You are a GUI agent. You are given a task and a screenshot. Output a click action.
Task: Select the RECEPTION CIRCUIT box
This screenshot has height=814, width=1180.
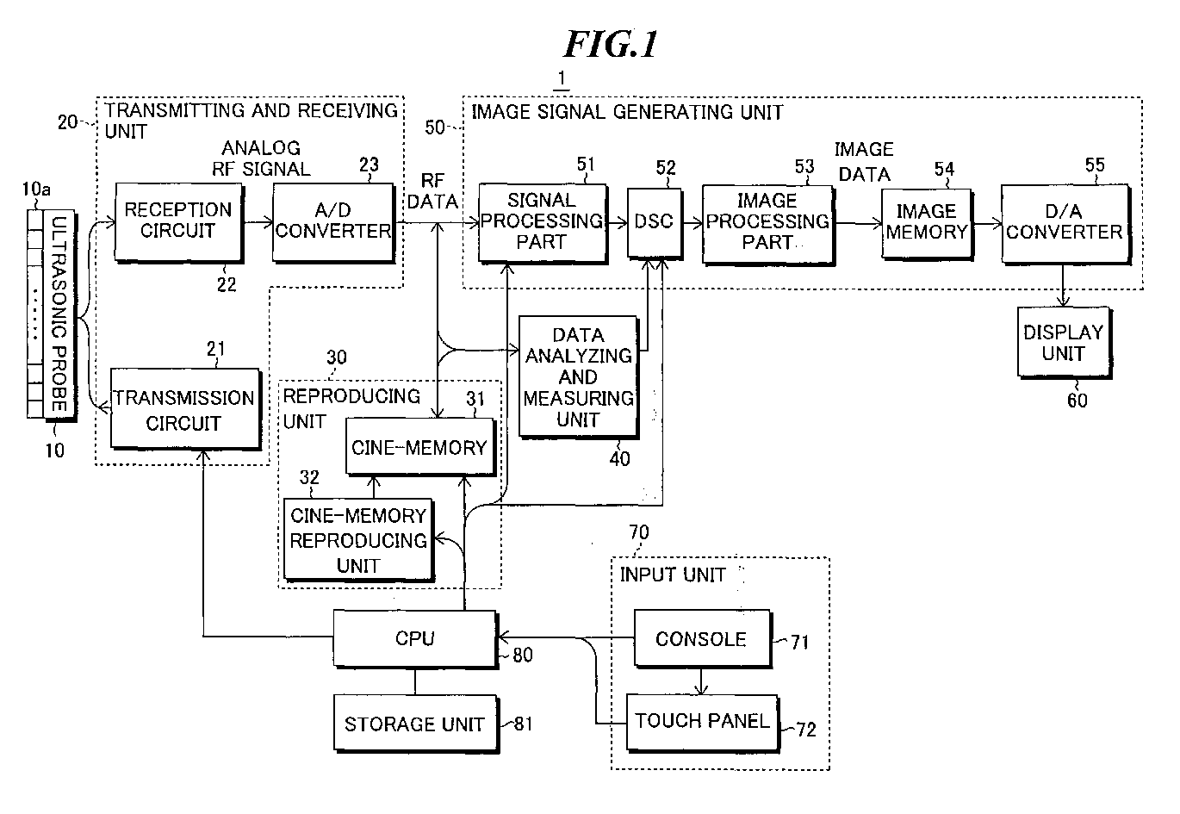[178, 221]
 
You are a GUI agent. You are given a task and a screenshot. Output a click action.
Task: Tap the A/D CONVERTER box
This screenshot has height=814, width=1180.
[332, 221]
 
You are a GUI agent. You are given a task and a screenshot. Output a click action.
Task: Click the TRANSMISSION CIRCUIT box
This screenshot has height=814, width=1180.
[185, 410]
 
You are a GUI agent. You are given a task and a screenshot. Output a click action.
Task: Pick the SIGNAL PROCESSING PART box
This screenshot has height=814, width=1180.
[542, 221]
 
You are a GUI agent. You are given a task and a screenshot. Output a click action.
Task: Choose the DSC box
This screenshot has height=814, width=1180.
[653, 221]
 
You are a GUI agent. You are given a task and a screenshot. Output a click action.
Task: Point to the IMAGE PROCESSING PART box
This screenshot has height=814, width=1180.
[767, 221]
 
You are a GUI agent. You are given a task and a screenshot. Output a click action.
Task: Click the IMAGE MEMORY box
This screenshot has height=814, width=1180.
[926, 221]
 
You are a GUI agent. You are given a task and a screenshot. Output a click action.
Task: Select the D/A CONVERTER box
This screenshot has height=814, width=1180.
[1065, 221]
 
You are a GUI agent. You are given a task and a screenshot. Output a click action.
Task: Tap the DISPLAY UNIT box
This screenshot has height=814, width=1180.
[1063, 343]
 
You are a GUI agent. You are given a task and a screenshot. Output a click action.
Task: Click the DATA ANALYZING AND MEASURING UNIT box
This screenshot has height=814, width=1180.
[578, 376]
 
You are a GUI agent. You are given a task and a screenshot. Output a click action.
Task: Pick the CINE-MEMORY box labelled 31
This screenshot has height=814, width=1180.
[419, 447]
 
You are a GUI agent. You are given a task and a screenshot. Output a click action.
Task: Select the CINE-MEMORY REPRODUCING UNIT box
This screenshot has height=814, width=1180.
[358, 540]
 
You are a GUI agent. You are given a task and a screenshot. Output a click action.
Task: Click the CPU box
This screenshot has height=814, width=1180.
[414, 638]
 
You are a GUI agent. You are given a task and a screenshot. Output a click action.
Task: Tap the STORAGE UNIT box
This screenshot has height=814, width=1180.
[414, 724]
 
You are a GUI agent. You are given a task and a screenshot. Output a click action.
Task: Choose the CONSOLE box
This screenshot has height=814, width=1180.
[701, 639]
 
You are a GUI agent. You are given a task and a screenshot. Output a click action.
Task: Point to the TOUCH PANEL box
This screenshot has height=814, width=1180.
[702, 720]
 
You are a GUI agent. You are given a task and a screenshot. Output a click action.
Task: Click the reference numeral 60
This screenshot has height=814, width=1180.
[1078, 400]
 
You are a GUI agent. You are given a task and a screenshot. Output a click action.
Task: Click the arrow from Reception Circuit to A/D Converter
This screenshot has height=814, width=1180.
[258, 222]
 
